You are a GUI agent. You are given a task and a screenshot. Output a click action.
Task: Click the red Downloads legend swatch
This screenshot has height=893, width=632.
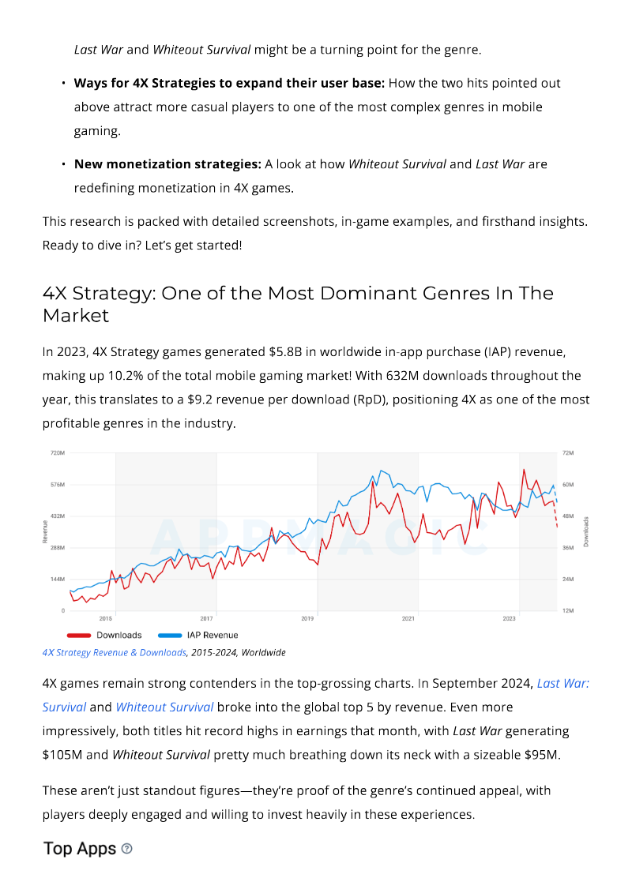[79, 635]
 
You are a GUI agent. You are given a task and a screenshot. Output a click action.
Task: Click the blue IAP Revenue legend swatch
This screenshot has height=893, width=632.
[170, 635]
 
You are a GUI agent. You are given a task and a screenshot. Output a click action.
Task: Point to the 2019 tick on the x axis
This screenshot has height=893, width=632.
[307, 618]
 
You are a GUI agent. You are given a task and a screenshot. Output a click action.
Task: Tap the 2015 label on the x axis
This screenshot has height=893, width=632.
[105, 618]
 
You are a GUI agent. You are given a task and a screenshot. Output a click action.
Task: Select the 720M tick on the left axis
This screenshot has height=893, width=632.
[58, 452]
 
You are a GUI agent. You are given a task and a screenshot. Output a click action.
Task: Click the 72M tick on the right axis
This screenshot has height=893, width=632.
[568, 452]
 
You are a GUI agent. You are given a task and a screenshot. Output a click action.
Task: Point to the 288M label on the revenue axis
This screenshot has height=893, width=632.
[58, 547]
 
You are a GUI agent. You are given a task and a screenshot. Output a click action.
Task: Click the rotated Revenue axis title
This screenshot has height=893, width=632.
[45, 531]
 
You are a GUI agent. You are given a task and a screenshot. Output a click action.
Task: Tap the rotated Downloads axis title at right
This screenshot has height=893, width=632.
[585, 531]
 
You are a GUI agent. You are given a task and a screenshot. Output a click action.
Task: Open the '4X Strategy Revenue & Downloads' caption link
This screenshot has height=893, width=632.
[114, 653]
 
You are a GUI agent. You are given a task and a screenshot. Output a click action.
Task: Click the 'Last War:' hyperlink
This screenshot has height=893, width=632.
[563, 684]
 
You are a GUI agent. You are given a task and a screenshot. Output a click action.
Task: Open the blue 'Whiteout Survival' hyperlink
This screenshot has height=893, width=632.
[164, 707]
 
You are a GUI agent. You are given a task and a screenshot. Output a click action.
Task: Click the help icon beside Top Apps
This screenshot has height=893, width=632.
[127, 849]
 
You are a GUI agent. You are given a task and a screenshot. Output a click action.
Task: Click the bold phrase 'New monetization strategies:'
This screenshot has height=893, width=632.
[167, 164]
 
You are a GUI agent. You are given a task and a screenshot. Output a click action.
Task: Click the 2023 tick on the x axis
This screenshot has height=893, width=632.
[509, 618]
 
